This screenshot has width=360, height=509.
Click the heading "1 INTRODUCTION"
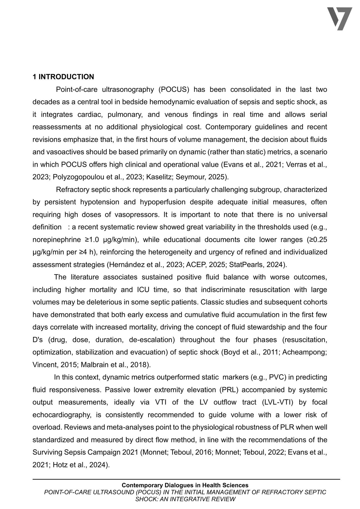[63, 77]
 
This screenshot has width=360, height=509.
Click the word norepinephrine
[57, 240]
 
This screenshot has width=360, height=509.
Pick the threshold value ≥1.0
[92, 240]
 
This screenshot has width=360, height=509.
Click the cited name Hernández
[123, 265]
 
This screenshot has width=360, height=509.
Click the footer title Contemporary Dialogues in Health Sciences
[185, 485]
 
